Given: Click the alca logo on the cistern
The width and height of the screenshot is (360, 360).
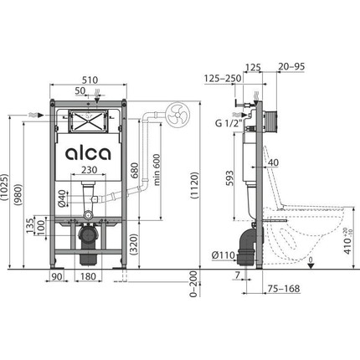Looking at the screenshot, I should tap(87, 154).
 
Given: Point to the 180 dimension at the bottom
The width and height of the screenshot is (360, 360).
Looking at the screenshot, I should tap(87, 276).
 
